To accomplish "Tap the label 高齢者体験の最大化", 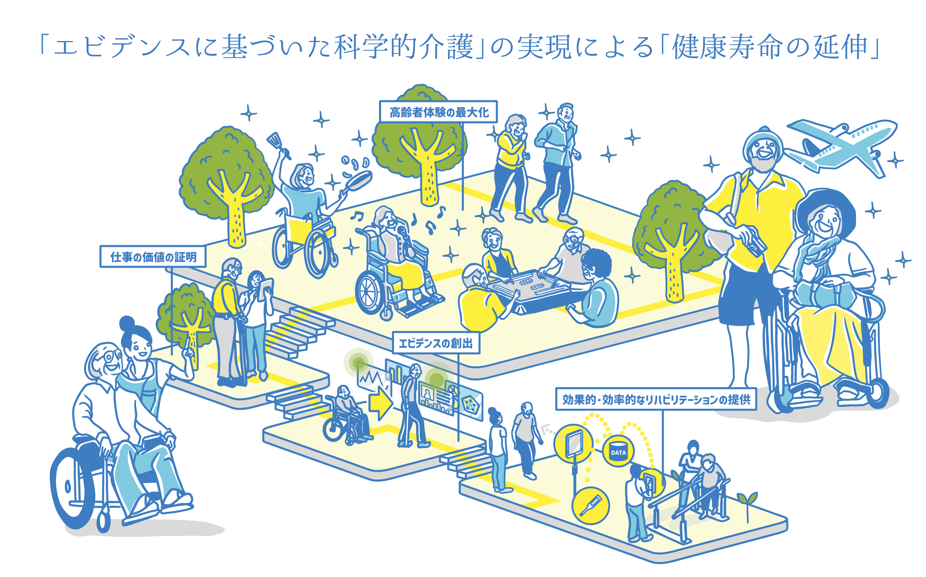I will [438, 112].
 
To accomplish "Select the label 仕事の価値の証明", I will [153, 257].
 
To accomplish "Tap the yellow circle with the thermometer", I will [590, 505].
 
